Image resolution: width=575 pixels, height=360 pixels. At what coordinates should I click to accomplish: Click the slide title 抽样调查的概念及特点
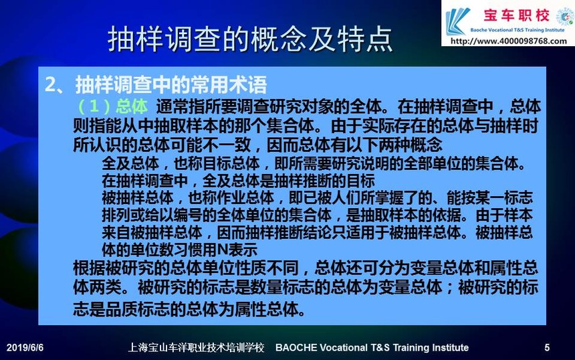click(x=250, y=39)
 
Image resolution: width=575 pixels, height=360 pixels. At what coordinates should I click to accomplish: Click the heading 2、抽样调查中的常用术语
click(x=156, y=84)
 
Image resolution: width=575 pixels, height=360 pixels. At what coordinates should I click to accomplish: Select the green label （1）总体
click(x=112, y=106)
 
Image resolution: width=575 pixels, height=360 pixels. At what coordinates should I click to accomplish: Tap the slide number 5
click(x=547, y=347)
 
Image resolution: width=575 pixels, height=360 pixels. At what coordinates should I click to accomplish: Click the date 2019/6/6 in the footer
click(x=25, y=347)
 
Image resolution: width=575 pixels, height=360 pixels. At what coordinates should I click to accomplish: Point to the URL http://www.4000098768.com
click(x=508, y=41)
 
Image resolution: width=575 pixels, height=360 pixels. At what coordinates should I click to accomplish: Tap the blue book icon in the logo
click(x=457, y=21)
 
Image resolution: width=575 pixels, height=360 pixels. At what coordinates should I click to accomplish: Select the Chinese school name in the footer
click(x=196, y=347)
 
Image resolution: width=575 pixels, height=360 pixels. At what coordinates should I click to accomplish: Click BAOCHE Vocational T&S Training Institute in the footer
click(x=372, y=347)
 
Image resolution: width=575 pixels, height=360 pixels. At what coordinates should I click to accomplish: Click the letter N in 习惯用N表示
click(x=223, y=250)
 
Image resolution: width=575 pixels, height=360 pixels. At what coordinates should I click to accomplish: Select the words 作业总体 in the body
click(x=245, y=198)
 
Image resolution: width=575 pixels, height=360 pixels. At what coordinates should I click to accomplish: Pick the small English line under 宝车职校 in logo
click(x=517, y=30)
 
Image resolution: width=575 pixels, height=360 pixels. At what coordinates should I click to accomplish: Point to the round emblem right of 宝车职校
click(x=565, y=17)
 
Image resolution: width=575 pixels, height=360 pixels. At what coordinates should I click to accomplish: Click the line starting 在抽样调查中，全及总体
click(x=239, y=181)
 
